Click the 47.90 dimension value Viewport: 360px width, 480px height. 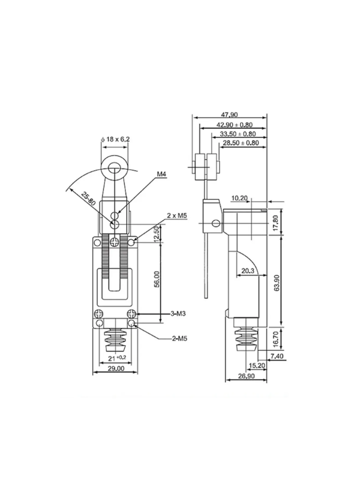[x=229, y=115]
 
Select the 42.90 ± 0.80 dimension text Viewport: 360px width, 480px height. [x=235, y=125]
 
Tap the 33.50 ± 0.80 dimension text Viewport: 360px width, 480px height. [x=238, y=134]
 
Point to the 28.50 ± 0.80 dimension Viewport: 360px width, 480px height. [x=241, y=143]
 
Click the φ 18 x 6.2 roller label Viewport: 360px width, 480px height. [x=115, y=139]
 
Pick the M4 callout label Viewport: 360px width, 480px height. [x=161, y=174]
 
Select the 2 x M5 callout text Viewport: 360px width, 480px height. [x=176, y=215]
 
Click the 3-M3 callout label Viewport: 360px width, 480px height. [x=178, y=313]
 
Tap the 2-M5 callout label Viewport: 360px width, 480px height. [x=179, y=338]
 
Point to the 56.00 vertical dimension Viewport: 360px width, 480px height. [x=157, y=279]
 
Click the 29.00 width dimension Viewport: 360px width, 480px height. [x=115, y=368]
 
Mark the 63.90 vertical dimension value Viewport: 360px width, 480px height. [x=277, y=283]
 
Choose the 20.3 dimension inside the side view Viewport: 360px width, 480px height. [x=248, y=271]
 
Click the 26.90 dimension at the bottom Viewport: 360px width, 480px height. [x=246, y=376]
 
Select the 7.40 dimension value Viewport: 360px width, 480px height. [x=277, y=356]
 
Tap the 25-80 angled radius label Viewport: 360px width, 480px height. [x=88, y=199]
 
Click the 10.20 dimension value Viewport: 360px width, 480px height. [x=239, y=199]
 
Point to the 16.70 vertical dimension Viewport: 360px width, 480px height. [x=276, y=339]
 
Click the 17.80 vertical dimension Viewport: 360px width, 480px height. [x=276, y=223]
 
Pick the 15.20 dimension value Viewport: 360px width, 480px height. [x=257, y=365]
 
